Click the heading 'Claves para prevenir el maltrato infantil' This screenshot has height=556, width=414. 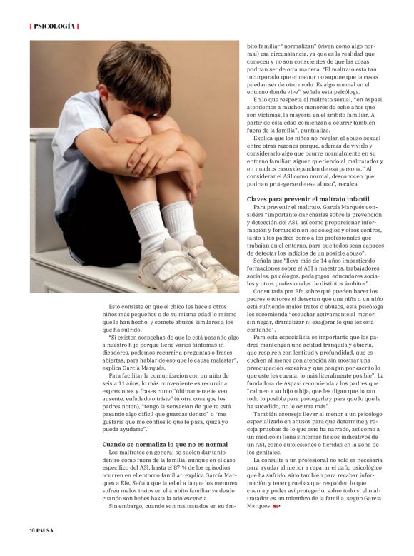click(308, 198)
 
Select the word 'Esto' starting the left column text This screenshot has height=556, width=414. click(115, 306)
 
